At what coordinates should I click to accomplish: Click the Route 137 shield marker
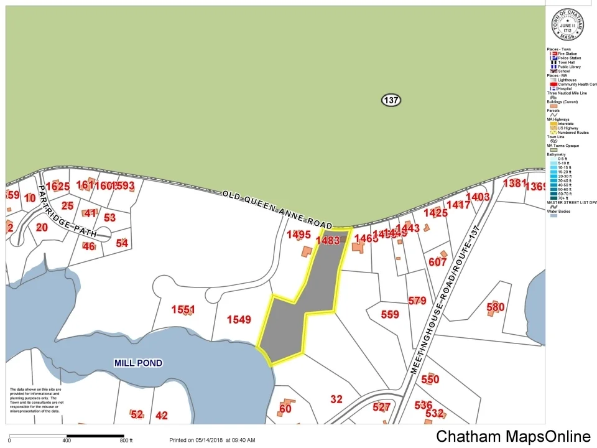coord(391,100)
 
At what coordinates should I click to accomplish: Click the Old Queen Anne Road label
coord(277,209)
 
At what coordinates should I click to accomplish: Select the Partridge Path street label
coord(67,211)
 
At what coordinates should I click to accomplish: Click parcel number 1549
coord(239,320)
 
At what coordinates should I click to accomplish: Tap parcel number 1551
coord(183,309)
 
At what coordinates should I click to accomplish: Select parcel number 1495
coord(298,235)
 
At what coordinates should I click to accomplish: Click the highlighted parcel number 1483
coord(328,240)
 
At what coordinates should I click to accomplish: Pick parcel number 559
coord(390,314)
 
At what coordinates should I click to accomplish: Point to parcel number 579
coord(417,301)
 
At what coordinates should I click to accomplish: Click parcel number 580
coord(495,307)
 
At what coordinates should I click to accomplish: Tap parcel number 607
coord(437,262)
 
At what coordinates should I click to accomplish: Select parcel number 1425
coord(435,213)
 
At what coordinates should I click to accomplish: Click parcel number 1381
coord(514,183)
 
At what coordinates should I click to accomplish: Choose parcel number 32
coord(336,399)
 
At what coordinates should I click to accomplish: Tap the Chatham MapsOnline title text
coord(513,436)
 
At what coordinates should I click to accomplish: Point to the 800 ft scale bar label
coord(127,441)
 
